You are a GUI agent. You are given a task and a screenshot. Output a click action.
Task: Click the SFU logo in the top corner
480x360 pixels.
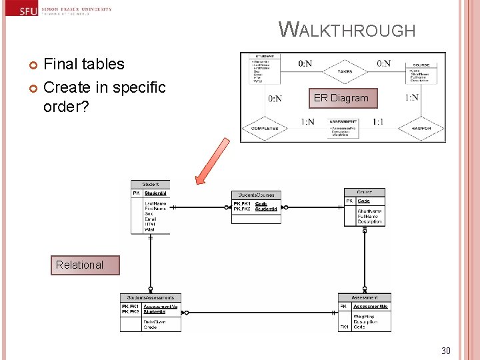[27, 10]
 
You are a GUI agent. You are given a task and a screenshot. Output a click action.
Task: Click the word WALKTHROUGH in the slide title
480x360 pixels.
[347, 30]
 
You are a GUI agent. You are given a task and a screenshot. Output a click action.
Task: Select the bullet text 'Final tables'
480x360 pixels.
[84, 64]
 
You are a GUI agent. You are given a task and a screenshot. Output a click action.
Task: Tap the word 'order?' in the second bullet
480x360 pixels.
[66, 107]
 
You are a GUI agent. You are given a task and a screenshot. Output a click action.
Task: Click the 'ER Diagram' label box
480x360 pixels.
[341, 98]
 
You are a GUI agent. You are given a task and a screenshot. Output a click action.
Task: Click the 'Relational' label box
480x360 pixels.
[79, 265]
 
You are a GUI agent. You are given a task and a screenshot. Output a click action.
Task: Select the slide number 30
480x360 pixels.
[446, 350]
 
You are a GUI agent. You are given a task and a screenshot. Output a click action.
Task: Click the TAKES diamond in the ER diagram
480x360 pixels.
[345, 71]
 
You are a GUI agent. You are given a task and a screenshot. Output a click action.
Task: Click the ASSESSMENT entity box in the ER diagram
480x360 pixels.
[343, 128]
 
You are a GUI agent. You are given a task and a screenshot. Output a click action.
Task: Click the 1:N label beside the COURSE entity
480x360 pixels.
[411, 97]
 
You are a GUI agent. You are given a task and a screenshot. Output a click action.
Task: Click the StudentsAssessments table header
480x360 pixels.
[150, 298]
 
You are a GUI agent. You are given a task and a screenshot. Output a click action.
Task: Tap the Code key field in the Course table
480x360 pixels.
[364, 201]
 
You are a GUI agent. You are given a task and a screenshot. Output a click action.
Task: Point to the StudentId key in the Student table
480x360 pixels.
[155, 193]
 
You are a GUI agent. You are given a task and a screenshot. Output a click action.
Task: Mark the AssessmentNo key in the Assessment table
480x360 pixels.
[370, 307]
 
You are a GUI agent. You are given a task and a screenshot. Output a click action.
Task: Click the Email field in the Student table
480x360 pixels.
[150, 219]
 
